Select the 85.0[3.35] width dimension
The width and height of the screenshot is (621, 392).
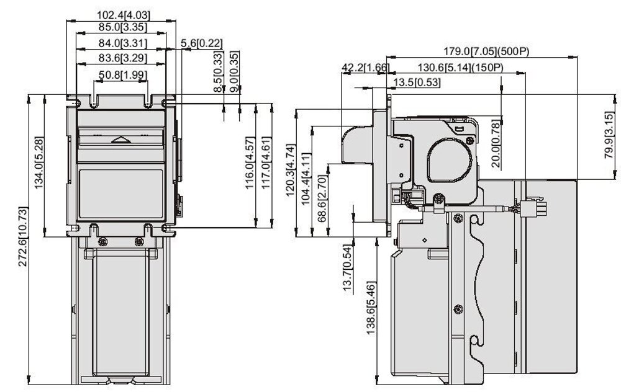tap(121, 26)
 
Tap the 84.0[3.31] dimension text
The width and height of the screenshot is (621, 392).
tap(121, 43)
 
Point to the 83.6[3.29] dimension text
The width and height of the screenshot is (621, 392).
tap(121, 58)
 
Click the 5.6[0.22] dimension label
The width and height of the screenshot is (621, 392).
tap(202, 43)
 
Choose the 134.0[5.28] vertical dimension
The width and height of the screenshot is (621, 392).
tap(39, 162)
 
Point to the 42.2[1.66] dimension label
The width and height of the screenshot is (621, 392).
tap(365, 67)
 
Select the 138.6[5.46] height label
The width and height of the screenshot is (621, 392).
tap(371, 308)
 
